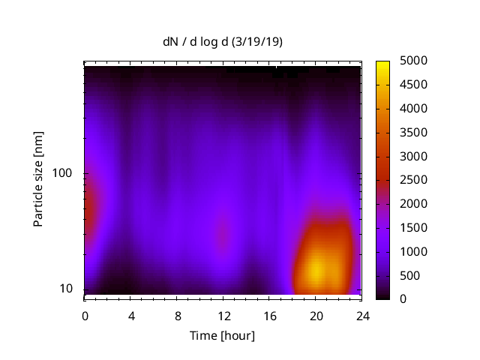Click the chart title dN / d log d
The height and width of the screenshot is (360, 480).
click(x=199, y=42)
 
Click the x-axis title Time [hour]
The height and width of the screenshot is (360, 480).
click(x=223, y=335)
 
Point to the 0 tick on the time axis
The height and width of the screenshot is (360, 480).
click(x=85, y=315)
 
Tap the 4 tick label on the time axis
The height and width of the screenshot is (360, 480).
click(x=131, y=315)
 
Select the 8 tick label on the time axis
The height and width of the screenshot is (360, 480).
click(x=177, y=315)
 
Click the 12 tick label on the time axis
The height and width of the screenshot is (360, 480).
click(x=223, y=315)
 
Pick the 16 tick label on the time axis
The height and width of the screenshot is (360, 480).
click(x=269, y=315)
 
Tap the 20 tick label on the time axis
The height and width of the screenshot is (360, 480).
click(x=316, y=315)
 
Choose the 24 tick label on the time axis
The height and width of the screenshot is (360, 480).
click(x=361, y=315)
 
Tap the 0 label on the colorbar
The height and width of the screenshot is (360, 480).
click(x=403, y=299)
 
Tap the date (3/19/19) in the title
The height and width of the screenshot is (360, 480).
click(x=257, y=42)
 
